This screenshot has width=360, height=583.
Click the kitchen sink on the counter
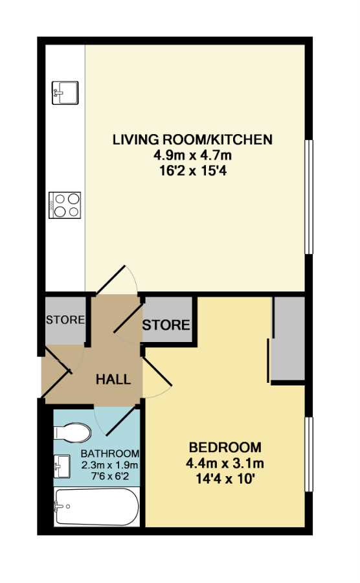pyautogui.click(x=65, y=93)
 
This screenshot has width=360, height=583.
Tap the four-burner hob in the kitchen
pyautogui.click(x=65, y=205)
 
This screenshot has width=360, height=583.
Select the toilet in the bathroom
pyautogui.click(x=73, y=433)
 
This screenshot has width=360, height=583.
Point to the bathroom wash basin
pyautogui.click(x=62, y=466)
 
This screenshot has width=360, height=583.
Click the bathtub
pyautogui.click(x=96, y=507)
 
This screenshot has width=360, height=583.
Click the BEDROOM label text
pyautogui.click(x=225, y=446)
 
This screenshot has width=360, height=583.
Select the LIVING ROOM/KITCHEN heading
pyautogui.click(x=192, y=140)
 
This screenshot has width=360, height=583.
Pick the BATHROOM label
pyautogui.click(x=110, y=453)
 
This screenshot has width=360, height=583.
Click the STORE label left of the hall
pyautogui.click(x=65, y=320)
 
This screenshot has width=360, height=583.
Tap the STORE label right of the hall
pyautogui.click(x=166, y=325)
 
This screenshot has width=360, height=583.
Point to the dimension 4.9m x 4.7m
pyautogui.click(x=192, y=155)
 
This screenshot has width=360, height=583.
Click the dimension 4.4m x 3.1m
pyautogui.click(x=225, y=464)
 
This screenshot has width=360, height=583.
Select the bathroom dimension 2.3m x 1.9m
pyautogui.click(x=110, y=464)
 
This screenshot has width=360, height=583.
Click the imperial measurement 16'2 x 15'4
pyautogui.click(x=192, y=172)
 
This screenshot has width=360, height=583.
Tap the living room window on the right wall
pyautogui.click(x=309, y=197)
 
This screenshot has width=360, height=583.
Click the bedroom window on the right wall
pyautogui.click(x=309, y=455)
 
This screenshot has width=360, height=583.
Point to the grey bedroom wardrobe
pyautogui.click(x=289, y=338)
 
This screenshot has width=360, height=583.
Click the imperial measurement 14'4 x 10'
pyautogui.click(x=225, y=479)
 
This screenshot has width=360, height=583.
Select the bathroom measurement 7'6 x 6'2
pyautogui.click(x=110, y=476)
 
